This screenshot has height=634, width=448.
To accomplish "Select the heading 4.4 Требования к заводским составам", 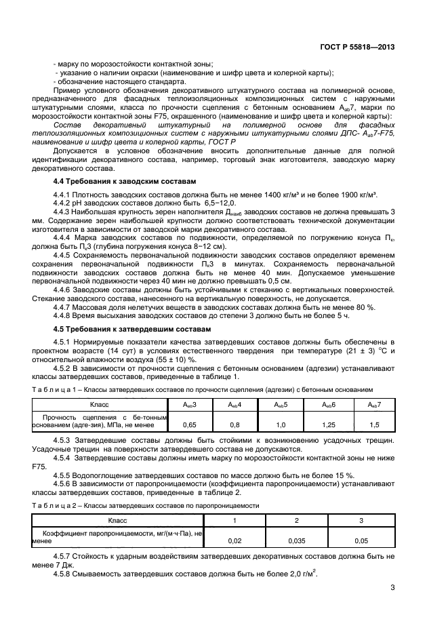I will coord(124,182).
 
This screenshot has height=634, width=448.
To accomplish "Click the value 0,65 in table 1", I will coord(190,424).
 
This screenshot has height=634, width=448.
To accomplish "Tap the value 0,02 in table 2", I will coord(234,541).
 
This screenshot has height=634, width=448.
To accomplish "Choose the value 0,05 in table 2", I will coord(361,541).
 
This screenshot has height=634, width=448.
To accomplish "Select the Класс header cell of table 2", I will coord(117,519).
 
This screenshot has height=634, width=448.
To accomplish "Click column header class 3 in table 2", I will coord(361,519).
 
